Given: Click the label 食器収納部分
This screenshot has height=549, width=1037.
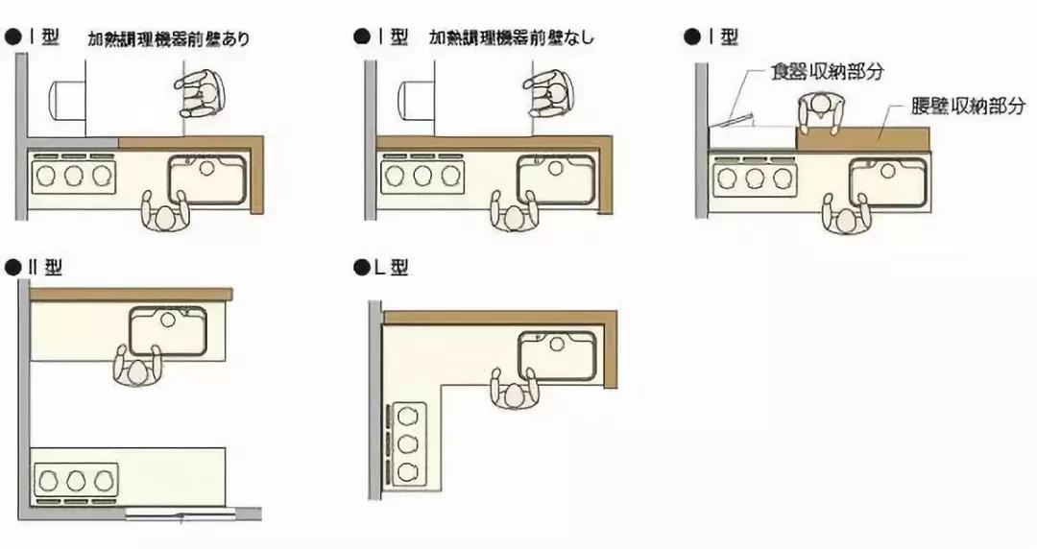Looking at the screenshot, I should tap(827, 72).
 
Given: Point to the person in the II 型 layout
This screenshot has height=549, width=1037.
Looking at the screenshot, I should tap(135, 366).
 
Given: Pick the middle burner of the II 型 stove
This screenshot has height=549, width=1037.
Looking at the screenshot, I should tap(76, 478).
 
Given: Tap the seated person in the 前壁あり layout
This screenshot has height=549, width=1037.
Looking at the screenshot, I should tap(200, 93).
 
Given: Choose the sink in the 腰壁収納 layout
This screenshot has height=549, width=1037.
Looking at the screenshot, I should tap(889, 182).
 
